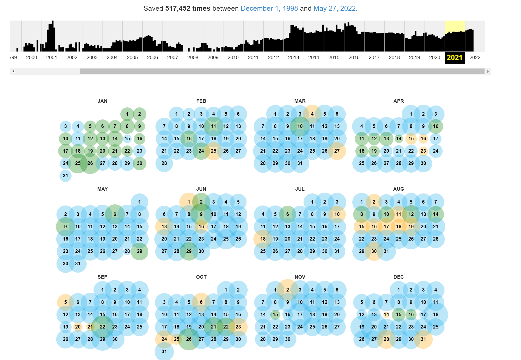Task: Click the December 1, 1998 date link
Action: (269, 8)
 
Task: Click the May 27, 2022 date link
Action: (334, 8)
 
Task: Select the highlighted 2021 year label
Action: (454, 58)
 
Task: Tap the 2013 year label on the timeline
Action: (293, 58)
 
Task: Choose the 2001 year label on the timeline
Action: (52, 58)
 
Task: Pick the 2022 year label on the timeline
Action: (475, 58)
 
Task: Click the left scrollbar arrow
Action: (13, 72)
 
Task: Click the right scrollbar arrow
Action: (488, 72)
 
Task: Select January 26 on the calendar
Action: (90, 163)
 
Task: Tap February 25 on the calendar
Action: (214, 151)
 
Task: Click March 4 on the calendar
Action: (312, 114)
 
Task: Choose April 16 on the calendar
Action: (423, 139)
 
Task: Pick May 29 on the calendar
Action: (140, 251)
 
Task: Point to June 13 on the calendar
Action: (164, 227)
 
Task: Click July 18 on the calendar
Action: (263, 239)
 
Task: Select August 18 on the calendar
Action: (398, 227)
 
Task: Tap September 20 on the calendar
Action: (78, 327)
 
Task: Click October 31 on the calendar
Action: (164, 352)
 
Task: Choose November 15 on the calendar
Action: (275, 315)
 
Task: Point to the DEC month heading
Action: (398, 277)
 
